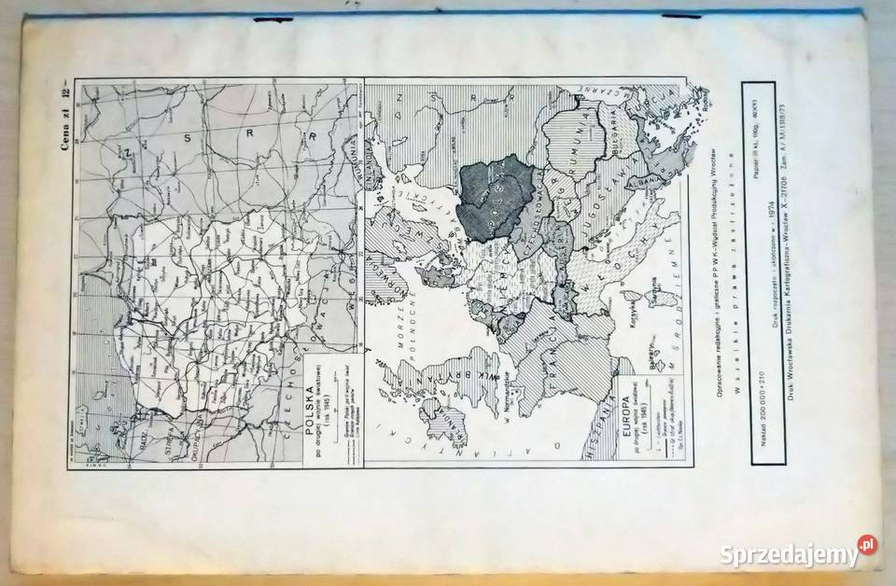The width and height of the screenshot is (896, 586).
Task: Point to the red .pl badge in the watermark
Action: pyautogui.click(x=867, y=544)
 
